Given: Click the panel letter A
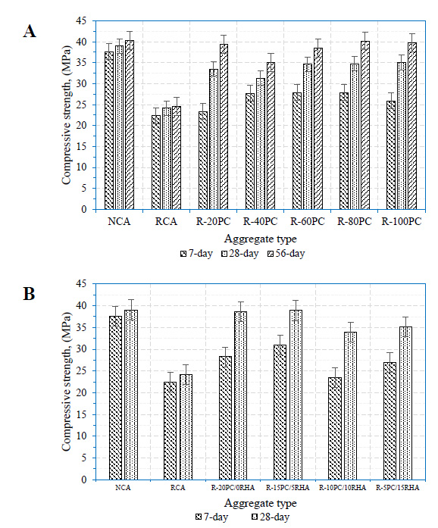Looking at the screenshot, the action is (30, 31).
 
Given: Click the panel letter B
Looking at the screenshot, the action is (29, 294).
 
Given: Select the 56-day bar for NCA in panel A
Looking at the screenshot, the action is (130, 124).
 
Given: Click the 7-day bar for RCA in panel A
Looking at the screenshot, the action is (156, 162).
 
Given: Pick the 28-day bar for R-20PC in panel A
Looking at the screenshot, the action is (214, 139).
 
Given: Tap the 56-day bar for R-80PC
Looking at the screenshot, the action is (365, 125).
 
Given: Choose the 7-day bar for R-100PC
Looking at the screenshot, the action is (391, 155).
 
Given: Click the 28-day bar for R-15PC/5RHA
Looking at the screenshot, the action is (296, 395).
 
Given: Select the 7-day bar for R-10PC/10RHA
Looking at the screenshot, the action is (335, 428).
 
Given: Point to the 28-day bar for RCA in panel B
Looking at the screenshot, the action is (186, 427).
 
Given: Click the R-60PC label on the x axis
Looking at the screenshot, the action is (308, 221).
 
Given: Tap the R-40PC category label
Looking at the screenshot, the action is (261, 221).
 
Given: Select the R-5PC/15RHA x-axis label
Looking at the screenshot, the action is (398, 488).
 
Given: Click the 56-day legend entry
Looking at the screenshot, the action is (286, 253).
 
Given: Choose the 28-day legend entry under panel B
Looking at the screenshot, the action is (271, 517).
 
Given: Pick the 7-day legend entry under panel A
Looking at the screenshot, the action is (196, 253).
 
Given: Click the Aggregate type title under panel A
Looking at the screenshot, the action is (261, 239).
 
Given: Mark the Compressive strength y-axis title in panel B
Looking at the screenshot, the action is (67, 382).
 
